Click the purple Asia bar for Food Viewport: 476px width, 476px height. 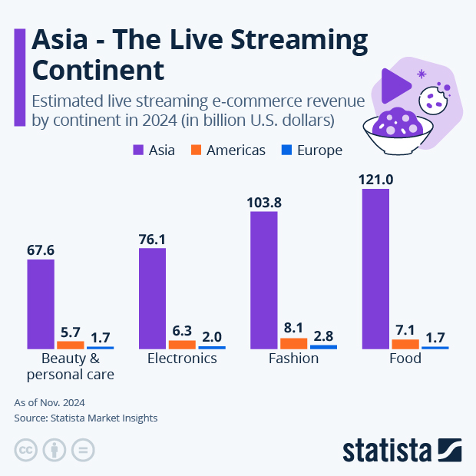click(375, 268)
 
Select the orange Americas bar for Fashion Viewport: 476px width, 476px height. click(293, 343)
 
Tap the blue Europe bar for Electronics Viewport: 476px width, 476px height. click(211, 347)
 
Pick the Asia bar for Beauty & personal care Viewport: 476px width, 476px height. click(41, 304)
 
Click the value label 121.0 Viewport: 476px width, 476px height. click(375, 180)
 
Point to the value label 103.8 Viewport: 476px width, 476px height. click(264, 203)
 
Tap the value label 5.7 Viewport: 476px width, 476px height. click(71, 332)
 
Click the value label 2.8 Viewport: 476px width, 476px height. click(323, 336)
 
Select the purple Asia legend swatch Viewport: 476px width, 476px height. click(138, 150)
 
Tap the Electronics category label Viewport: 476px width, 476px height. click(182, 359)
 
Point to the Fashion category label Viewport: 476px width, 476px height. click(293, 359)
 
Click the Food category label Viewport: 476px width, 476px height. click(405, 359)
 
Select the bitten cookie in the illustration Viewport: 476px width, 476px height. click(433, 98)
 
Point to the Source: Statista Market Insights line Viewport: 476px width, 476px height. click(86, 418)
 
